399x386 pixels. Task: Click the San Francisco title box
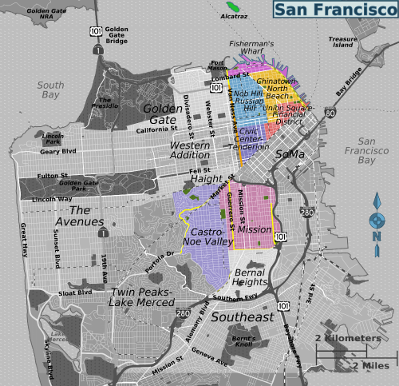[334, 10]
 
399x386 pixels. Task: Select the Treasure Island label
[343, 42]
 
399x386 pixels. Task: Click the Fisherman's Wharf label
[251, 48]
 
